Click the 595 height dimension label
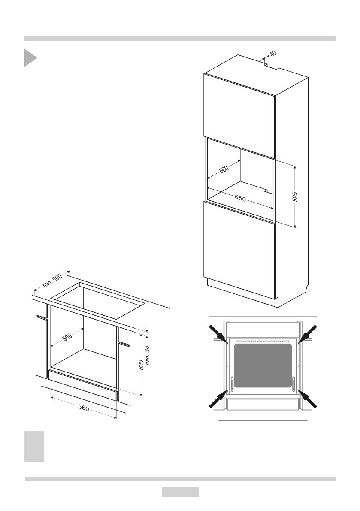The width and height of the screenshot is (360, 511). (x=295, y=197)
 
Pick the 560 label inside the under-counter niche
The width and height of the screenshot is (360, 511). (x=67, y=337)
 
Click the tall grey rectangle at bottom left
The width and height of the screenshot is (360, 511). (x=34, y=447)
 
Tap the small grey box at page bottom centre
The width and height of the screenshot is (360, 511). (x=180, y=492)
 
